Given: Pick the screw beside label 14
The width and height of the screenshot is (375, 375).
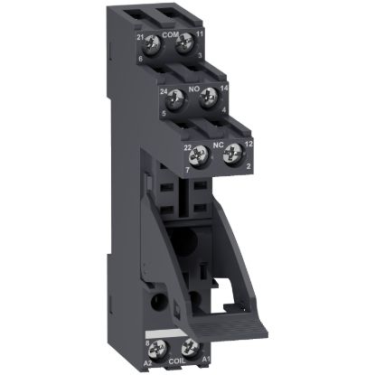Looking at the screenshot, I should click(209, 96).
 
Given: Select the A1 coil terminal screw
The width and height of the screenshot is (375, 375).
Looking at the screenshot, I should click(191, 346).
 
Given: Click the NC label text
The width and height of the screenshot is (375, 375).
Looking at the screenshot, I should click(217, 143).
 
